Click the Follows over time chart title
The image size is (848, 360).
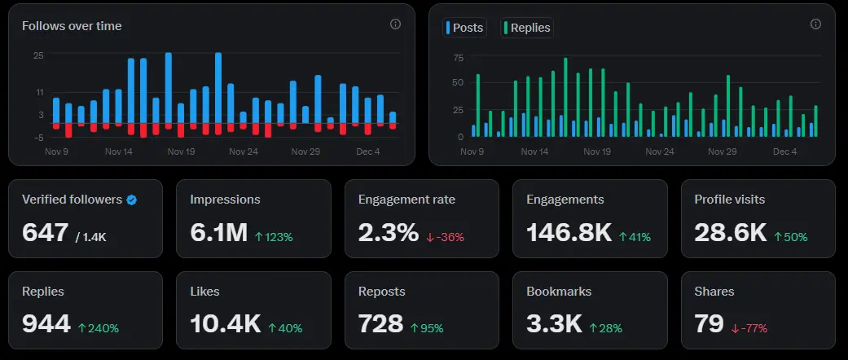[x=72, y=26]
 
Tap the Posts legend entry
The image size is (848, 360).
[x=464, y=28]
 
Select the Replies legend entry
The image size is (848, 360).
[x=527, y=28]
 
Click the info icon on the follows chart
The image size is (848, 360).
[x=395, y=24]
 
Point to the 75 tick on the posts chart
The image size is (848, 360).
[x=458, y=58]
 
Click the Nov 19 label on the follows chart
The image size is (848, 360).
[x=181, y=151]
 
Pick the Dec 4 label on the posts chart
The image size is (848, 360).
[x=784, y=151]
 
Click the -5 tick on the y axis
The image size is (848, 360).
[x=38, y=137]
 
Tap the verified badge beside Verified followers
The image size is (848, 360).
[x=131, y=200]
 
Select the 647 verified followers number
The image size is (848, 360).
[x=45, y=233]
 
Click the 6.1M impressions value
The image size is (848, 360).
[x=218, y=233]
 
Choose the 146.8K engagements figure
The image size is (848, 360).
[x=569, y=233]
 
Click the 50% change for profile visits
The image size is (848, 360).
[x=789, y=237]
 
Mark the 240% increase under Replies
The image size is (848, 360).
[x=99, y=328]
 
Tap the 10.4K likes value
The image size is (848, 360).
[x=225, y=324]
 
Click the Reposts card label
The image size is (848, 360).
[x=381, y=291]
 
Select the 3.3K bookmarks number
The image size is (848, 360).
[x=554, y=324]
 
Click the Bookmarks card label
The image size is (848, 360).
[x=559, y=291]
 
